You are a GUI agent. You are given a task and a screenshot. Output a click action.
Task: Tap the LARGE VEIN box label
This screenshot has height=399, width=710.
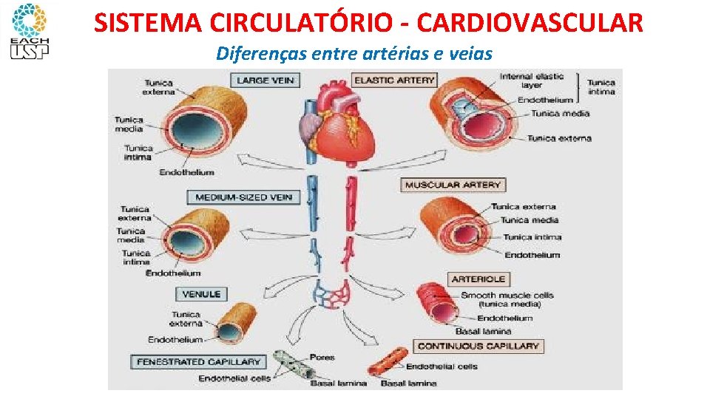point(264,80)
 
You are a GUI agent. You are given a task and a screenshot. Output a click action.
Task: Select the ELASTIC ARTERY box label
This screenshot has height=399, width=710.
point(395,80)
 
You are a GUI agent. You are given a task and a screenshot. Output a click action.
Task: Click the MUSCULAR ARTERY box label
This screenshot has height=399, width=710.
point(453,185)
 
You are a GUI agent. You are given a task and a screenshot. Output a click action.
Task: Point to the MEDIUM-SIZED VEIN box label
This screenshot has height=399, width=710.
point(243,197)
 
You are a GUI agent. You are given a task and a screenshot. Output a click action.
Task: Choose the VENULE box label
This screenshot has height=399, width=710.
point(202,294)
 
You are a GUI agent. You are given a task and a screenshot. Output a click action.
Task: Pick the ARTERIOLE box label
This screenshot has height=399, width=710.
point(478,279)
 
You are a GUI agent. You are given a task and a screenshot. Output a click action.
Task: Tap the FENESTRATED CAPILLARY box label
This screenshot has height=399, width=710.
point(198,362)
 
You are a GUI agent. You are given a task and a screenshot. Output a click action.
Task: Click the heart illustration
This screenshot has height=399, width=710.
point(337,122)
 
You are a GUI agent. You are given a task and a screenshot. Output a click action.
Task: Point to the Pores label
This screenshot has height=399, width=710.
point(322,358)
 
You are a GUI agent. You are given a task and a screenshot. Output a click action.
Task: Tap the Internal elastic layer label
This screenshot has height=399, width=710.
point(531,81)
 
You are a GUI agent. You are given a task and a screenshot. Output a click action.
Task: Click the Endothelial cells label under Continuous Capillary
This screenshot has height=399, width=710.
point(442,366)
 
